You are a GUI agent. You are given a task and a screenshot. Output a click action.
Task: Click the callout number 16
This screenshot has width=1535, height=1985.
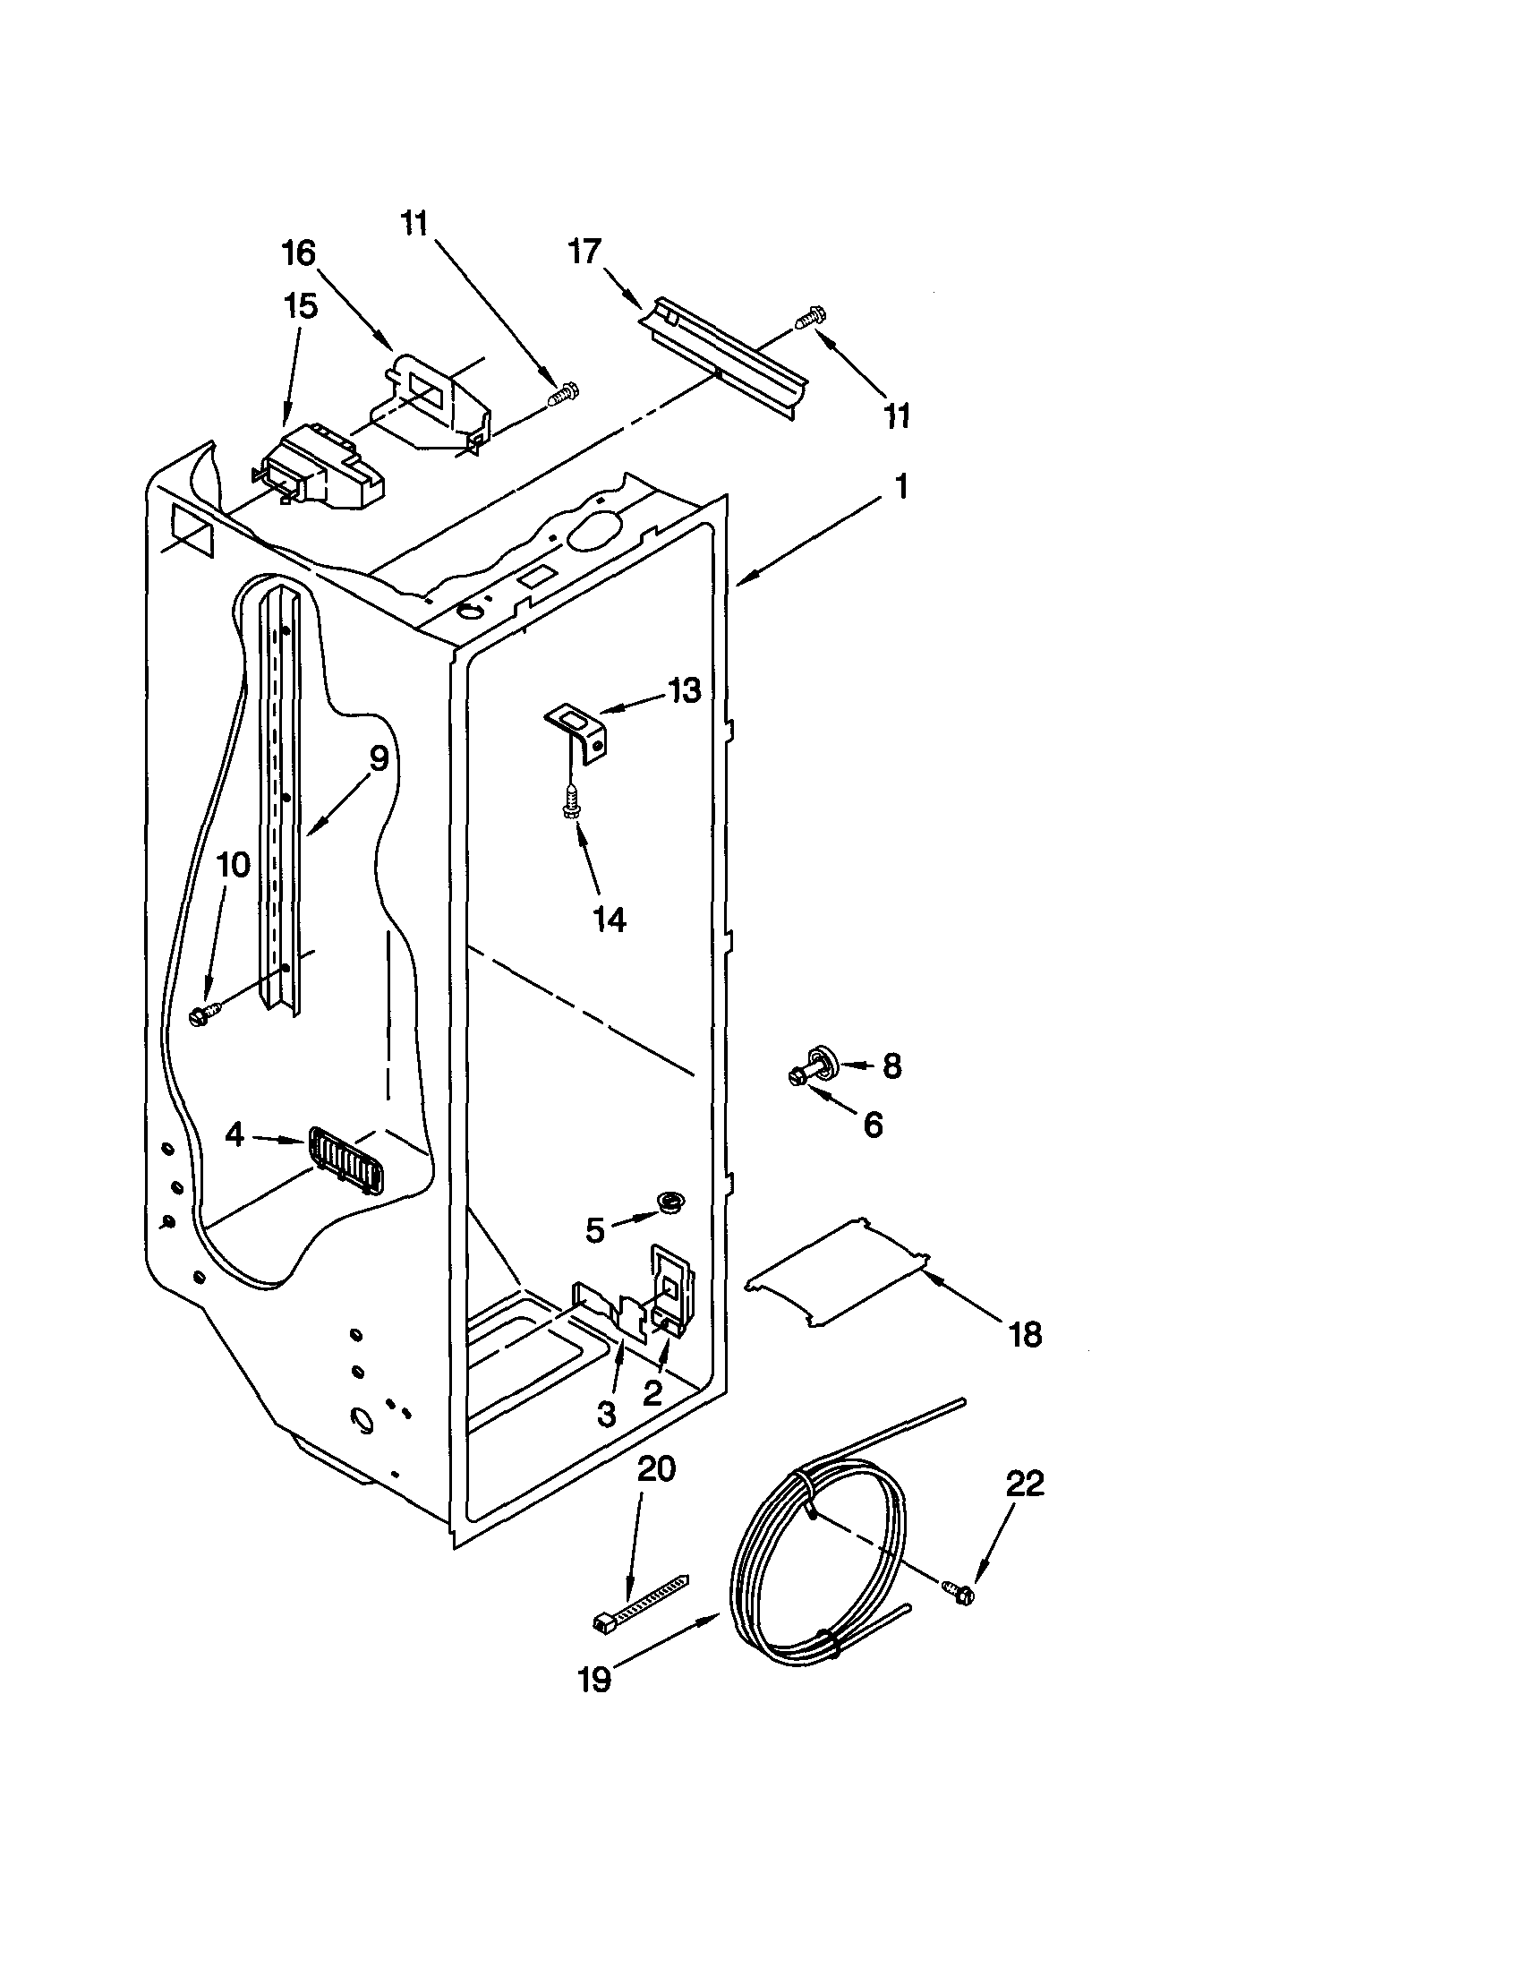299,252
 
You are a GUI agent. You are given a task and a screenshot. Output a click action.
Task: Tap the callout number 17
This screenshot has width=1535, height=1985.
585,250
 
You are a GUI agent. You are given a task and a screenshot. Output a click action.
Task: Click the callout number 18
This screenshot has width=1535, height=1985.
1025,1335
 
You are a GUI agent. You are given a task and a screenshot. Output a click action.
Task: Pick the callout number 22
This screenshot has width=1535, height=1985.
1025,1484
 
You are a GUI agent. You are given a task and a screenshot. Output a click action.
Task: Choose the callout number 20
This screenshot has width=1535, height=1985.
656,1469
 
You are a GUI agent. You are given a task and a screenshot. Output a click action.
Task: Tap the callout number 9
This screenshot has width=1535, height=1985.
378,757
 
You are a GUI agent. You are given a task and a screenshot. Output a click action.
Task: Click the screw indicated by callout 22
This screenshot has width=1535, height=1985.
957,1590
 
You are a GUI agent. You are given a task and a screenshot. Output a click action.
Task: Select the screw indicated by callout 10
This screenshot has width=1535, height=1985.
203,1014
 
